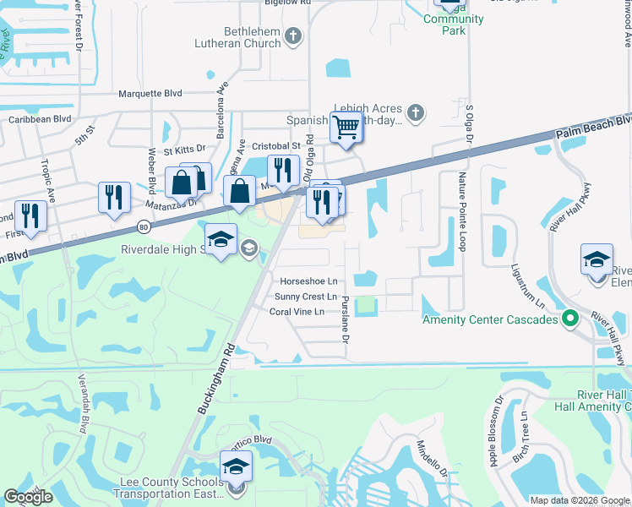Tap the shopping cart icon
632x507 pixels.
click(x=346, y=127)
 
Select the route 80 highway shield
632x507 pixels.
click(x=143, y=226)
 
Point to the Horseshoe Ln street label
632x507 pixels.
click(x=308, y=281)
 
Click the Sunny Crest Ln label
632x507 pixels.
click(x=306, y=297)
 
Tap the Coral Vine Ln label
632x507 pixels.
click(x=297, y=312)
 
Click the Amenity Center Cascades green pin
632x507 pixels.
click(x=569, y=319)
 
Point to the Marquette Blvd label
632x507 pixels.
click(x=150, y=94)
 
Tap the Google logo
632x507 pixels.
click(x=29, y=497)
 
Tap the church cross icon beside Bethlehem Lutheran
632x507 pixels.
click(x=293, y=35)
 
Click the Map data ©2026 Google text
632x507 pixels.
click(x=580, y=500)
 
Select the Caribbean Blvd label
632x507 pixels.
click(x=40, y=119)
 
